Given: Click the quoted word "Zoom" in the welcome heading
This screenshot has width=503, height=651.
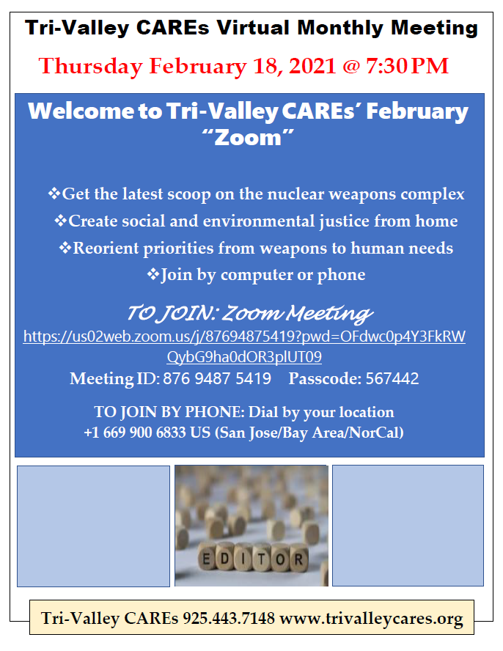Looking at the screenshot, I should pyautogui.click(x=249, y=137).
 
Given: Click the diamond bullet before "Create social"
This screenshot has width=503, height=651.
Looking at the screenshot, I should pyautogui.click(x=61, y=221).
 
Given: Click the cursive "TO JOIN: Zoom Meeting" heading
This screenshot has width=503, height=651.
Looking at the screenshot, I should pyautogui.click(x=249, y=313).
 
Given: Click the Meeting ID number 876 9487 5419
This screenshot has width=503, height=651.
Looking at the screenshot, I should pyautogui.click(x=217, y=379).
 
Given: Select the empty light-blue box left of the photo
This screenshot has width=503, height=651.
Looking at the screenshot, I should pyautogui.click(x=93, y=526).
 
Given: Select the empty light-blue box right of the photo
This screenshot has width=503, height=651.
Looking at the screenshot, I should pyautogui.click(x=408, y=526).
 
